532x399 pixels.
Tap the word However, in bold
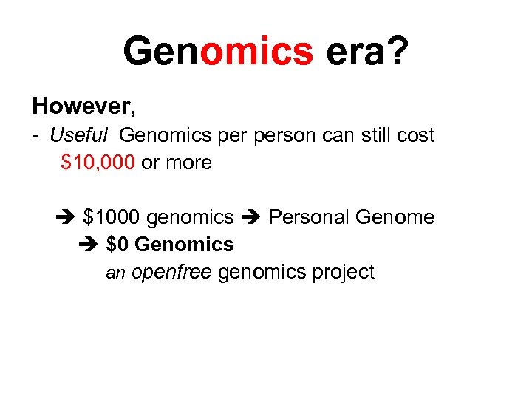pyautogui.click(x=84, y=107)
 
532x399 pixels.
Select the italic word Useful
pyautogui.click(x=80, y=135)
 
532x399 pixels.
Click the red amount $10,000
pyautogui.click(x=98, y=163)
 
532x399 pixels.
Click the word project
pyautogui.click(x=343, y=273)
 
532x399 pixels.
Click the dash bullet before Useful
pyautogui.click(x=36, y=137)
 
